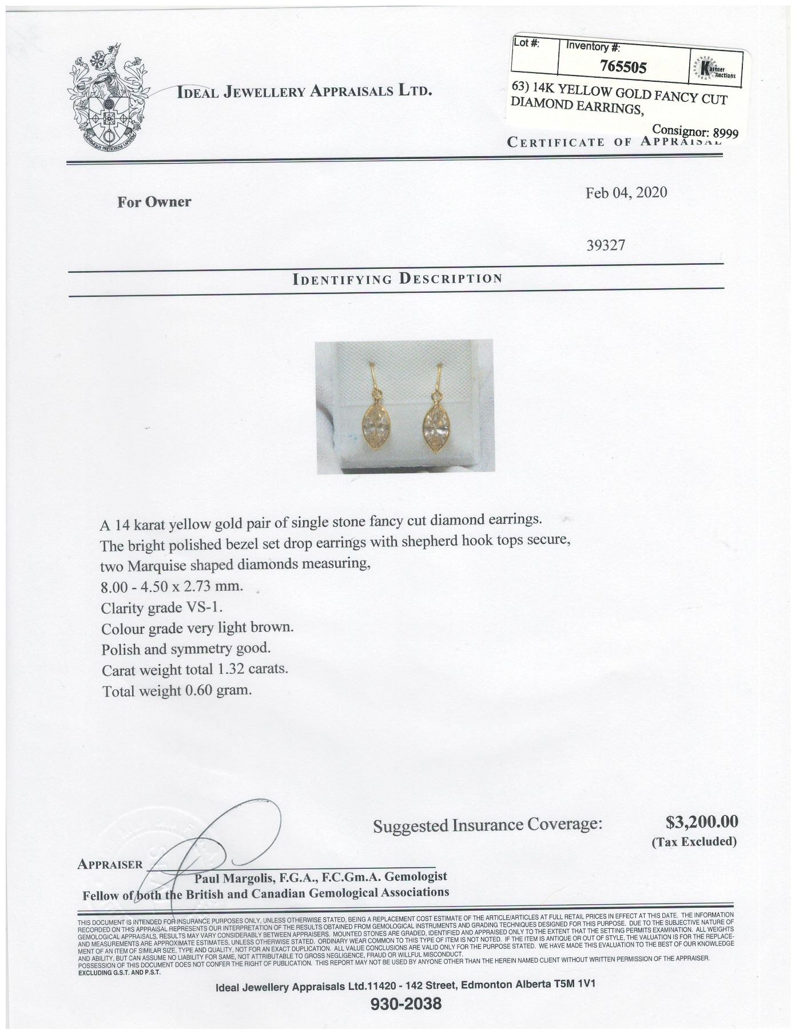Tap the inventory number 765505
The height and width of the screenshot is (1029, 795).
tap(623, 67)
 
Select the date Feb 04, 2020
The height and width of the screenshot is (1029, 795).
tap(626, 192)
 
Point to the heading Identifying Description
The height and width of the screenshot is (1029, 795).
tap(397, 279)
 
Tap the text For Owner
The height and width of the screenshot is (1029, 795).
tap(154, 202)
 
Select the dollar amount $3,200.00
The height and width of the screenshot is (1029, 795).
tap(702, 822)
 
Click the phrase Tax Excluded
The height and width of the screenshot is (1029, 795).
tap(694, 841)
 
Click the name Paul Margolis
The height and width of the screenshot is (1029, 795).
tap(232, 877)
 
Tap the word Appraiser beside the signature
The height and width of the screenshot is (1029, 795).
tap(110, 864)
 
